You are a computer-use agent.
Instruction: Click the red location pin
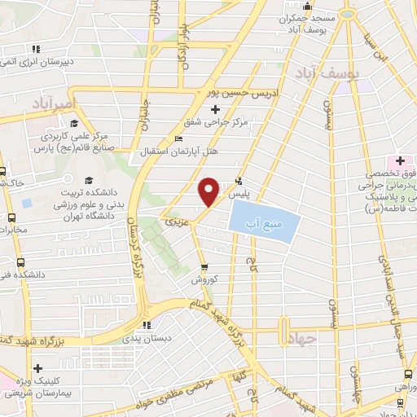point(208,191)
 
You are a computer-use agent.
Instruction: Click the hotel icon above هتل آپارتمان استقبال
point(179,138)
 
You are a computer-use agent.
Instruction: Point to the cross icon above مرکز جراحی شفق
point(215,110)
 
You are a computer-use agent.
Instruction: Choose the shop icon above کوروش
point(204,266)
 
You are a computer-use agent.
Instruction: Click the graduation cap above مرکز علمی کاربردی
point(74,124)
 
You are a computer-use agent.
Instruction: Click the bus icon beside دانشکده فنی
point(20,262)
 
